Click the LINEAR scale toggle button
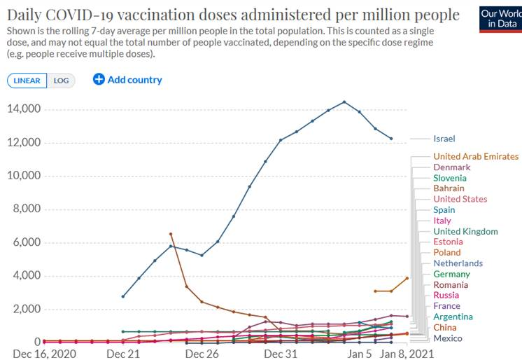click(x=27, y=80)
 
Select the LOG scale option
click(x=62, y=80)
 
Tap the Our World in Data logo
click(x=500, y=19)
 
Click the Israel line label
click(x=444, y=139)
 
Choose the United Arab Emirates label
click(x=476, y=156)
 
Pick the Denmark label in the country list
click(x=451, y=167)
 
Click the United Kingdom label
click(x=465, y=231)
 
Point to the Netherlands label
click(x=458, y=263)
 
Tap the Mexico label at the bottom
click(x=447, y=338)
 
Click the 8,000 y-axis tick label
click(x=27, y=209)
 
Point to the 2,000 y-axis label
click(x=27, y=309)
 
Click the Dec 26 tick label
click(x=203, y=354)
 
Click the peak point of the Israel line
click(x=344, y=102)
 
